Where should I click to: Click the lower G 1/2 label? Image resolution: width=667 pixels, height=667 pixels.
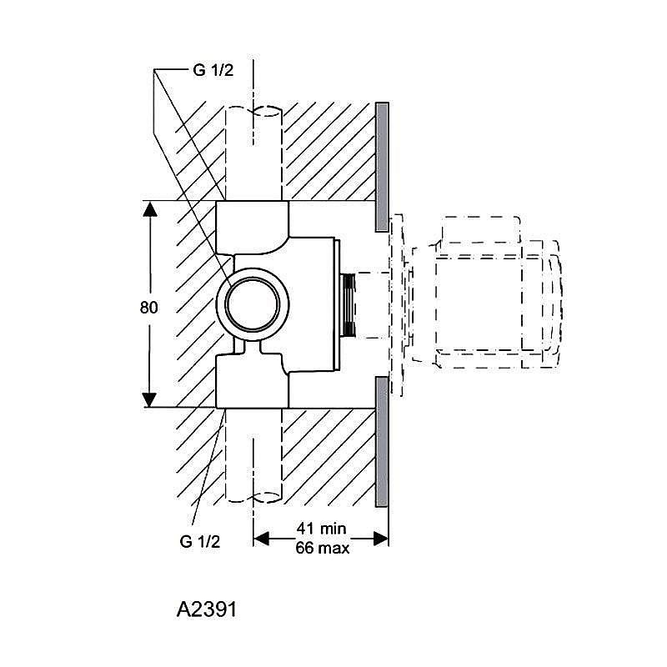point(200,541)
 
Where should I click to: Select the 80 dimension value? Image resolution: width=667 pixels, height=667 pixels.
point(149,306)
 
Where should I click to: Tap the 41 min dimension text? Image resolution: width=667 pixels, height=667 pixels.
point(321,529)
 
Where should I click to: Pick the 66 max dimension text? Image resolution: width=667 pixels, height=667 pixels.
point(321,548)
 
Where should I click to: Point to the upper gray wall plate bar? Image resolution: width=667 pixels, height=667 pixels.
point(382,167)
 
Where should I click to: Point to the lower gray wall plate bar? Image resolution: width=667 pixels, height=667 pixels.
point(382,441)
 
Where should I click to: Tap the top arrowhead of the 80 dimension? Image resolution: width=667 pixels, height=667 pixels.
point(149,209)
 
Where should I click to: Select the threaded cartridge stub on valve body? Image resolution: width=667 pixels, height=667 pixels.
point(349,304)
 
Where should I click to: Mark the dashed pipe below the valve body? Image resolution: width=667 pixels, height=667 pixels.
point(254,454)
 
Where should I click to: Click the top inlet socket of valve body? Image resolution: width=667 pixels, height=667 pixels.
point(253,225)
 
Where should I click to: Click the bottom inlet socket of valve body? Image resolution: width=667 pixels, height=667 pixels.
point(250,384)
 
